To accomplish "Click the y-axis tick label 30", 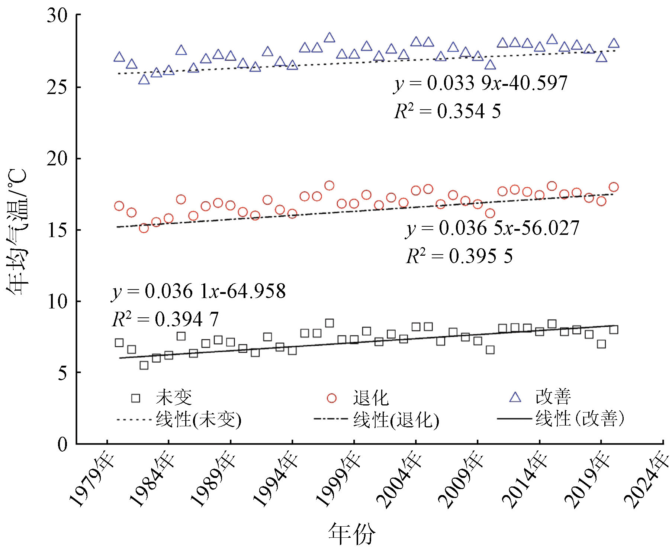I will pyautogui.click(x=57, y=16).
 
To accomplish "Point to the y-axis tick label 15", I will pyautogui.click(x=57, y=230).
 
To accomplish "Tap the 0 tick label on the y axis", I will pyautogui.click(x=62, y=444).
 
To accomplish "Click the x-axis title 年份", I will pyautogui.click(x=351, y=534).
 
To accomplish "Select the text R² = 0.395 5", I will pyautogui.click(x=459, y=256).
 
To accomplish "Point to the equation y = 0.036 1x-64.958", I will pyautogui.click(x=199, y=291).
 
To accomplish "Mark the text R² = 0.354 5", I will pyautogui.click(x=447, y=111).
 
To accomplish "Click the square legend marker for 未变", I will pyautogui.click(x=136, y=398).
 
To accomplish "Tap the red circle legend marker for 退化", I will pyautogui.click(x=331, y=398).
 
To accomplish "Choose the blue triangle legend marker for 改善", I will pyautogui.click(x=515, y=397).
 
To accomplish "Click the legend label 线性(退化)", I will pyautogui.click(x=396, y=420).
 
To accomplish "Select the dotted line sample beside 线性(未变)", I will pyautogui.click(x=134, y=420).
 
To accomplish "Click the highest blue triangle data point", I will pyautogui.click(x=329, y=38).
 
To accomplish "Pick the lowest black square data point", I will pyautogui.click(x=144, y=365).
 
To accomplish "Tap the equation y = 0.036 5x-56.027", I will pyautogui.click(x=492, y=228).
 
